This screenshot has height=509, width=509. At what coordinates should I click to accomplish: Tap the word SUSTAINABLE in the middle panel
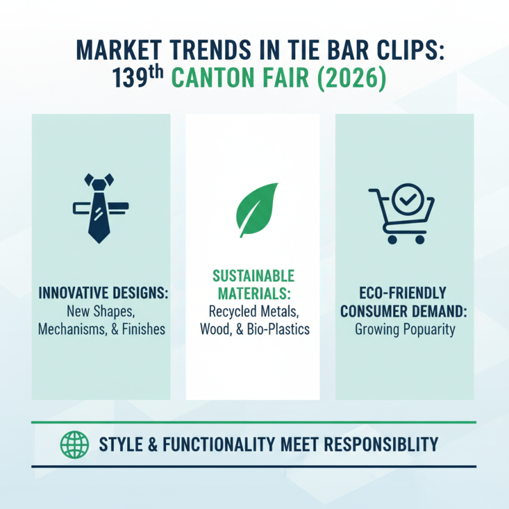pos(253,277)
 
